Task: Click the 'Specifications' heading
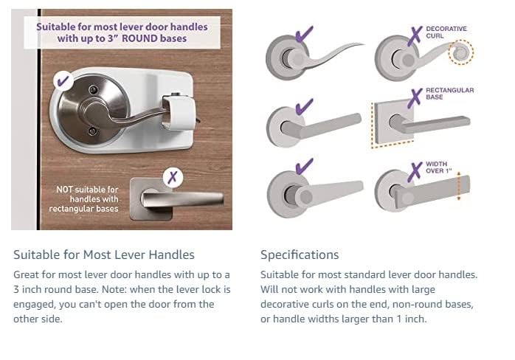(x=299, y=255)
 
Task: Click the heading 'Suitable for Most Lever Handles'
(x=104, y=255)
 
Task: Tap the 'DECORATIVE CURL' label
(x=446, y=32)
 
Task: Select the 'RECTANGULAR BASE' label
(x=449, y=93)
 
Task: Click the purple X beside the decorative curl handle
(x=415, y=34)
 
